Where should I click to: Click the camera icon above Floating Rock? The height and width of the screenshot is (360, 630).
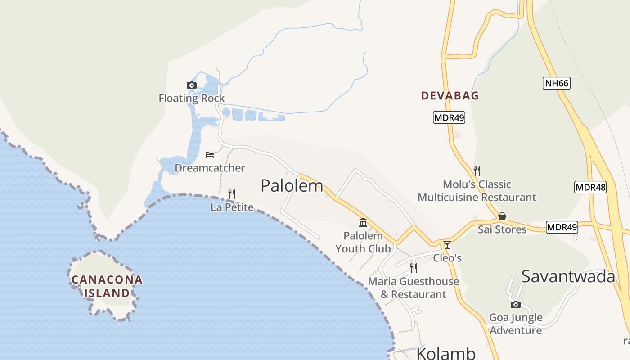(x=191, y=85)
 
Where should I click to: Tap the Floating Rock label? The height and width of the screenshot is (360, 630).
(x=191, y=98)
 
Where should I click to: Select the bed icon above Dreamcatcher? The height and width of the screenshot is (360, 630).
(x=210, y=155)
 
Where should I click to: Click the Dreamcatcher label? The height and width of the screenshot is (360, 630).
(x=210, y=168)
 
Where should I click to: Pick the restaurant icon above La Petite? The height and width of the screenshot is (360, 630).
(x=232, y=194)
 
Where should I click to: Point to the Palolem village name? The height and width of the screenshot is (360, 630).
(x=292, y=185)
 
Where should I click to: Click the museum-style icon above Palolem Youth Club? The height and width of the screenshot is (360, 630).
(x=363, y=222)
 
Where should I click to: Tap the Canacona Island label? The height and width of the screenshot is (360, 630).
(x=107, y=286)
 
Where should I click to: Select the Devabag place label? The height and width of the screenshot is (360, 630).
(x=450, y=95)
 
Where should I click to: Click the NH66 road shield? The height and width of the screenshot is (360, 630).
(x=556, y=83)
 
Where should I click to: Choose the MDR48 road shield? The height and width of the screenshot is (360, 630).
(x=590, y=187)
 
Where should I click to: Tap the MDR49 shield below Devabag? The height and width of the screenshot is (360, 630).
(x=449, y=118)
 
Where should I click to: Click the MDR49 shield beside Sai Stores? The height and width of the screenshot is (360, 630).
(x=562, y=228)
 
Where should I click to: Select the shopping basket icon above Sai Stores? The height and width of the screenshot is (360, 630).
(x=502, y=217)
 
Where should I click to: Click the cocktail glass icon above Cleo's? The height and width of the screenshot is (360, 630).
(x=447, y=245)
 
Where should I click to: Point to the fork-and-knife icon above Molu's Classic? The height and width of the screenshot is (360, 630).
(x=477, y=171)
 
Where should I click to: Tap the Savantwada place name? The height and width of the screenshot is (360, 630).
(x=568, y=276)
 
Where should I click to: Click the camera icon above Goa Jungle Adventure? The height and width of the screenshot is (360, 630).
(x=516, y=305)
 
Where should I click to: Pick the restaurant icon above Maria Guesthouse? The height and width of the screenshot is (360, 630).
(x=413, y=268)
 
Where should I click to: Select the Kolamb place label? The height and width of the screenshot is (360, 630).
(x=445, y=353)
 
